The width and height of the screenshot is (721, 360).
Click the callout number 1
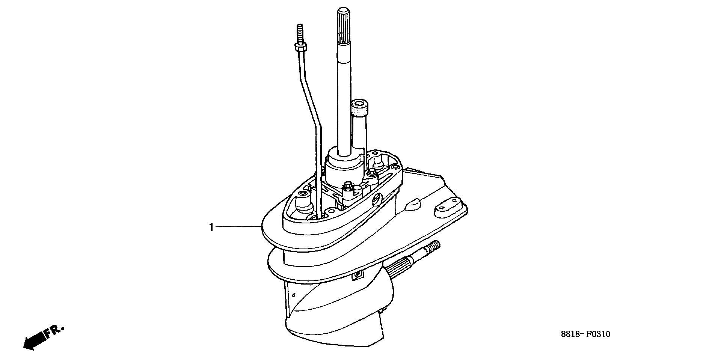pyautogui.click(x=211, y=227)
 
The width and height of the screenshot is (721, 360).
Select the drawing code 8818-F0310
pyautogui.click(x=586, y=334)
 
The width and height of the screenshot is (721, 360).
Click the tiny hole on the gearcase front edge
pyautogui.click(x=294, y=294)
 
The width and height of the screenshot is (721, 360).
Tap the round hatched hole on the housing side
pyautogui.click(x=377, y=200)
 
